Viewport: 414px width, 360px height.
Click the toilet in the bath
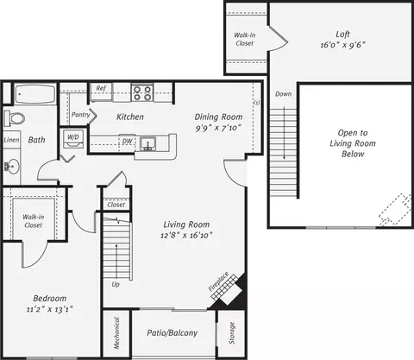(x=15, y=118)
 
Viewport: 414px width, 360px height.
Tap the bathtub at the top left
(x=35, y=94)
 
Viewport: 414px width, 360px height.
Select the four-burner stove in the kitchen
(x=142, y=93)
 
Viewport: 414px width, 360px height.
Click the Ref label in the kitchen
(x=101, y=88)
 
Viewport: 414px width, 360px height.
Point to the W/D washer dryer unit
(x=73, y=139)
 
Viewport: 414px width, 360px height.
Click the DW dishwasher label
(x=128, y=142)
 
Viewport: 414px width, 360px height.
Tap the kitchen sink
(x=148, y=143)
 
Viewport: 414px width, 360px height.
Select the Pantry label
(x=80, y=115)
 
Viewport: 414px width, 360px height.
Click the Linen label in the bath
(x=12, y=140)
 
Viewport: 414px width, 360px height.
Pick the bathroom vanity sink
(x=12, y=167)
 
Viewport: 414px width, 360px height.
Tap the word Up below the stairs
(x=116, y=285)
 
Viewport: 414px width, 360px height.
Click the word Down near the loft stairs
(x=283, y=94)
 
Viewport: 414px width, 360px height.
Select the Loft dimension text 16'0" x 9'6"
(x=342, y=45)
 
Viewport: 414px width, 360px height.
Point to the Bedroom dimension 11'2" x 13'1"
(x=49, y=310)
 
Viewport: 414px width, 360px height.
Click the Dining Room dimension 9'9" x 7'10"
(x=218, y=128)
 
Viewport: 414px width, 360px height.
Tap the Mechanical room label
(x=116, y=333)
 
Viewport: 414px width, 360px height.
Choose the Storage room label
(x=232, y=333)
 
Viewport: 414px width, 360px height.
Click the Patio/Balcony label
(x=172, y=333)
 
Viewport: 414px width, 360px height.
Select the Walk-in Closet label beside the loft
(x=245, y=39)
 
